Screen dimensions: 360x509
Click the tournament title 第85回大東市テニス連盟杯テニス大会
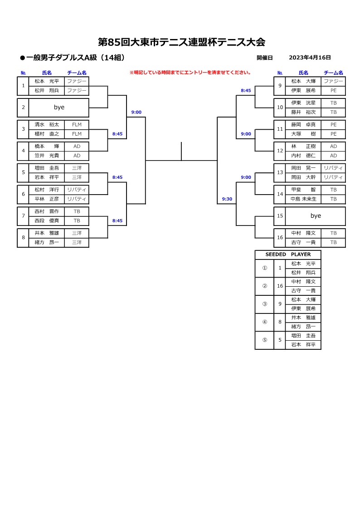[182, 42]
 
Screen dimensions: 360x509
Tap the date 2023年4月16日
[310, 58]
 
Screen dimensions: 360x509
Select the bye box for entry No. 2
[58, 108]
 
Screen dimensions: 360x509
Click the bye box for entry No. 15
[315, 216]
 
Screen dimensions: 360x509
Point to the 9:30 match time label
[227, 199]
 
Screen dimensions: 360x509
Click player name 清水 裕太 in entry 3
[47, 125]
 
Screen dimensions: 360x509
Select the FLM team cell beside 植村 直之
[77, 134]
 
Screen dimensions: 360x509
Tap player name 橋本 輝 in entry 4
[47, 147]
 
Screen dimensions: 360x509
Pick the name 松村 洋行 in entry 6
[47, 190]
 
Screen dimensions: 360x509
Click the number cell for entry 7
[23, 216]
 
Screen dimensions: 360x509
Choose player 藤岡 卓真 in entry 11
[303, 125]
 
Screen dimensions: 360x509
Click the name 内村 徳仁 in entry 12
[303, 156]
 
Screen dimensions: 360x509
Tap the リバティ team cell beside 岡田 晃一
[333, 168]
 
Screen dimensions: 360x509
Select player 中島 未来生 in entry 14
[303, 199]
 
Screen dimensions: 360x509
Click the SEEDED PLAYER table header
[288, 254]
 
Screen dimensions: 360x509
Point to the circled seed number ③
[265, 304]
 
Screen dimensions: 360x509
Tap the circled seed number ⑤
[265, 340]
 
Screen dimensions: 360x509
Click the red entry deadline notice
[190, 73]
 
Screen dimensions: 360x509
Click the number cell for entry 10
[280, 108]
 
